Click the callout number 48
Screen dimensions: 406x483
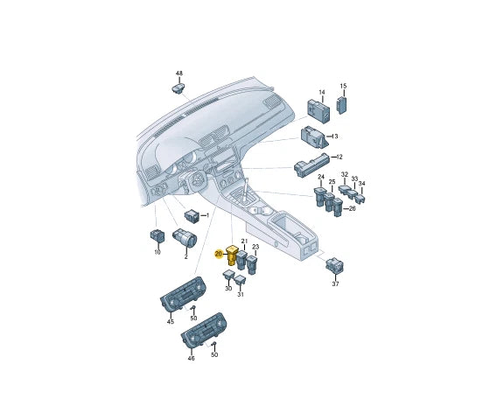pyautogui.click(x=178, y=73)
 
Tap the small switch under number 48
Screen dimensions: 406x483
pyautogui.click(x=178, y=87)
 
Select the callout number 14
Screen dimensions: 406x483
pyautogui.click(x=321, y=92)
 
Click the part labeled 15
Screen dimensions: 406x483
pyautogui.click(x=343, y=104)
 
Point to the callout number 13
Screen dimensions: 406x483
pyautogui.click(x=334, y=136)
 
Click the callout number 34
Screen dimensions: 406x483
pyautogui.click(x=362, y=185)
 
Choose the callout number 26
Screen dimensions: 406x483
pyautogui.click(x=352, y=209)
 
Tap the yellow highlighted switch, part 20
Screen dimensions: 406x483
pyautogui.click(x=232, y=255)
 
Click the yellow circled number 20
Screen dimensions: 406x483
pyautogui.click(x=219, y=254)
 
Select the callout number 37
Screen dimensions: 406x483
pyautogui.click(x=335, y=283)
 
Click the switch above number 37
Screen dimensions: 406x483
pyautogui.click(x=336, y=264)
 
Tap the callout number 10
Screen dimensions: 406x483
pyautogui.click(x=157, y=252)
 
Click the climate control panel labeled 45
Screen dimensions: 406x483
pyautogui.click(x=183, y=295)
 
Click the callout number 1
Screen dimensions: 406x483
pyautogui.click(x=206, y=214)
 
